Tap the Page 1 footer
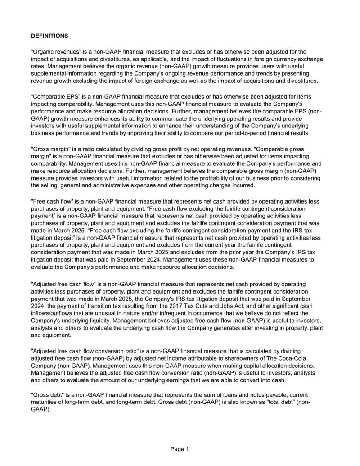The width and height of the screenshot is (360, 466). pos(180,449)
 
